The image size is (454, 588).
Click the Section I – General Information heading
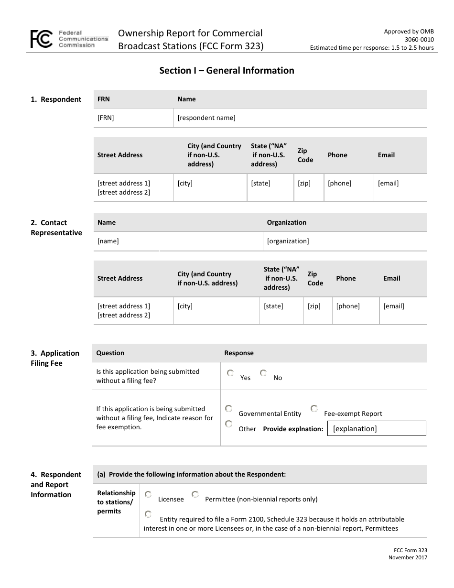click(227, 71)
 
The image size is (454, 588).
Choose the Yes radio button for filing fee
click(230, 373)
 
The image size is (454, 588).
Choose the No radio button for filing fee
click(263, 373)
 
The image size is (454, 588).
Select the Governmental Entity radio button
click(229, 409)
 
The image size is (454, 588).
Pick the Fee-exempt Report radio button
click(314, 409)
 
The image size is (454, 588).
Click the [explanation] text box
click(377, 428)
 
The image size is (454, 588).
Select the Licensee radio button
click(148, 495)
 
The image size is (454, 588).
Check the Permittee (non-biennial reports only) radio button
click(195, 495)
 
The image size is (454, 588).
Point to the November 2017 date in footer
click(408, 557)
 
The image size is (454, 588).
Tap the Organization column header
click(286, 222)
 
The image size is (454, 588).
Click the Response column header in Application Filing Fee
click(239, 353)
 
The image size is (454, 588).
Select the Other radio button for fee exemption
click(229, 424)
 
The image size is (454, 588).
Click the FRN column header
click(104, 99)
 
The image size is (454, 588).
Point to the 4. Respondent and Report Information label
click(56, 485)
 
